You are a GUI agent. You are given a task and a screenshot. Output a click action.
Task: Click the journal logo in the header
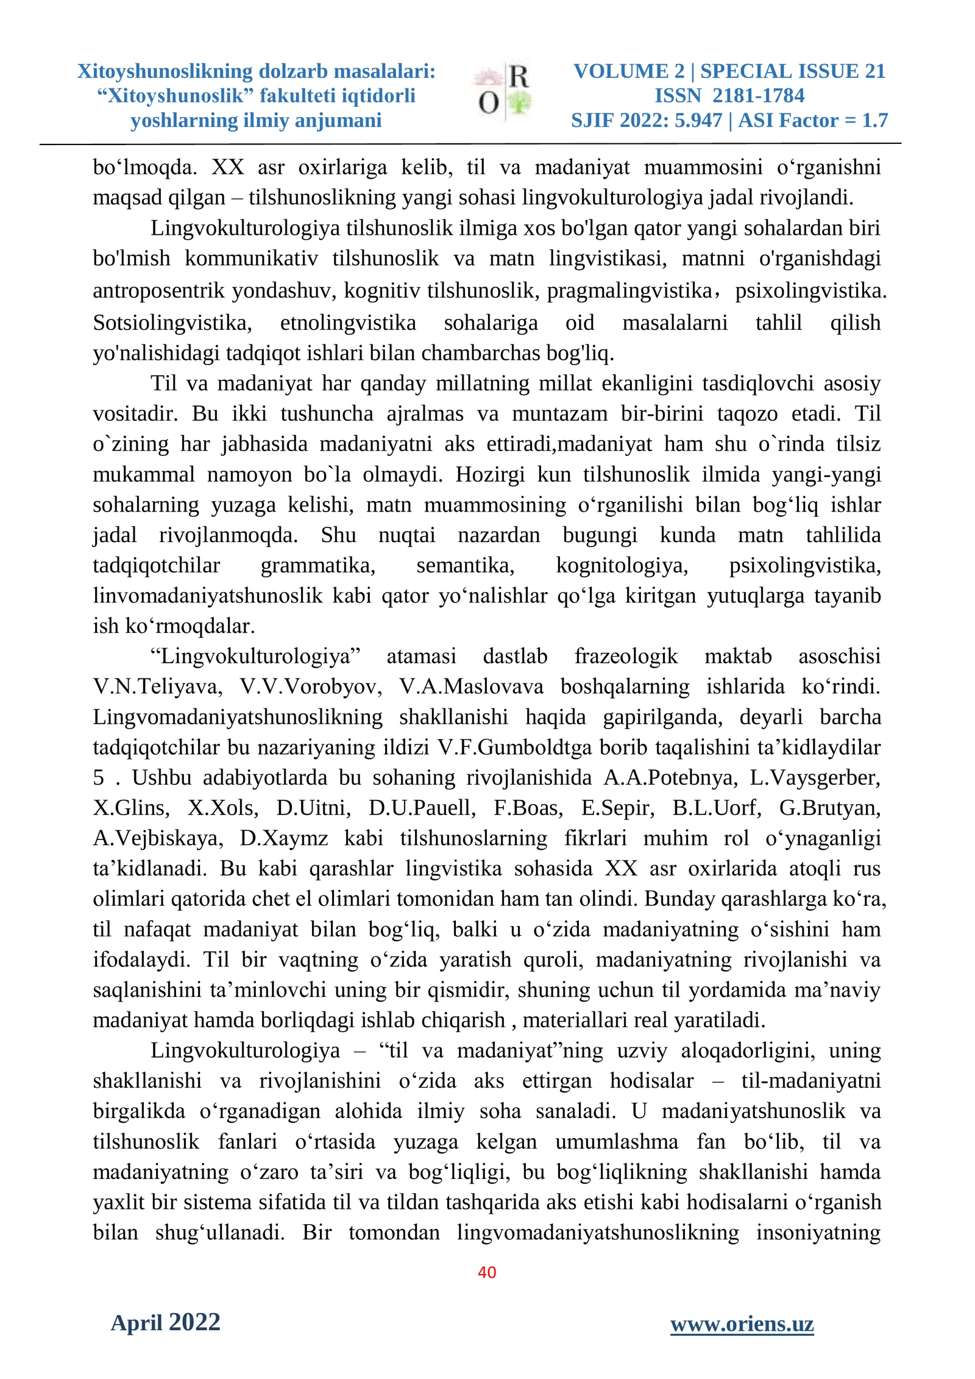(503, 91)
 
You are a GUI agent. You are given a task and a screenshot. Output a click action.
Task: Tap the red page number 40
(487, 1272)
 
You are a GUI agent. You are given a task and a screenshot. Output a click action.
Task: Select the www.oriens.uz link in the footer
(742, 1324)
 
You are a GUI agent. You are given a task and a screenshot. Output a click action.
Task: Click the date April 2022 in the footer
(165, 1322)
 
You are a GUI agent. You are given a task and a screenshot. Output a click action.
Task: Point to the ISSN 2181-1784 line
(729, 96)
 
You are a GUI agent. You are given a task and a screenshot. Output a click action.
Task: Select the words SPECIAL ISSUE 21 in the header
(792, 71)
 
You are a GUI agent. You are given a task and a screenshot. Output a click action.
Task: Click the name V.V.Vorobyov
(310, 686)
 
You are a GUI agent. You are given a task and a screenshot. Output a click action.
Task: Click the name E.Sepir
(617, 808)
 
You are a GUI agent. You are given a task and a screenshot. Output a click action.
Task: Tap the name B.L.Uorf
(717, 808)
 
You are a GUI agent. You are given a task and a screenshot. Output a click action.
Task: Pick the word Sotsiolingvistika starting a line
(172, 322)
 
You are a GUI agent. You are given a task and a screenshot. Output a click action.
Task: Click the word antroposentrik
(158, 291)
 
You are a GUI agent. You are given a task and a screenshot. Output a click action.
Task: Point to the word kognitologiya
(622, 565)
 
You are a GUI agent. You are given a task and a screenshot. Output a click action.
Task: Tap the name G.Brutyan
(830, 808)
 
